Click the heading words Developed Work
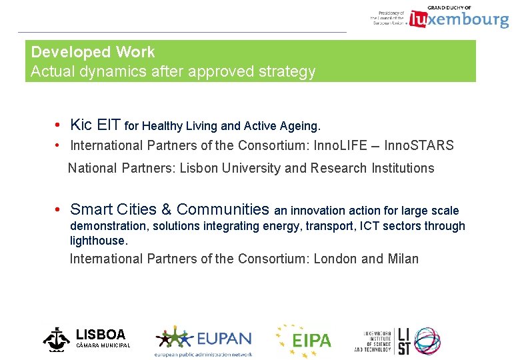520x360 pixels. (93, 52)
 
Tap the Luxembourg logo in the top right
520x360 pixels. (459, 19)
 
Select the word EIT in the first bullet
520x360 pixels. (109, 125)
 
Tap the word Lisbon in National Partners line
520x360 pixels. (200, 168)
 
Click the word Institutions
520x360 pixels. (403, 168)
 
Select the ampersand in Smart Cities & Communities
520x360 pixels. (166, 209)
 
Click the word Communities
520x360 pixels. (223, 209)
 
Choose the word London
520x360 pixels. (335, 259)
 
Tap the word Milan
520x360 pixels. (403, 259)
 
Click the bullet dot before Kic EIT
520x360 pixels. (59, 125)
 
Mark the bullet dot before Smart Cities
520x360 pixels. (59, 210)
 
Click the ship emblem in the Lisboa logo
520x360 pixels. (56, 339)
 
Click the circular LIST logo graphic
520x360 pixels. (427, 340)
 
